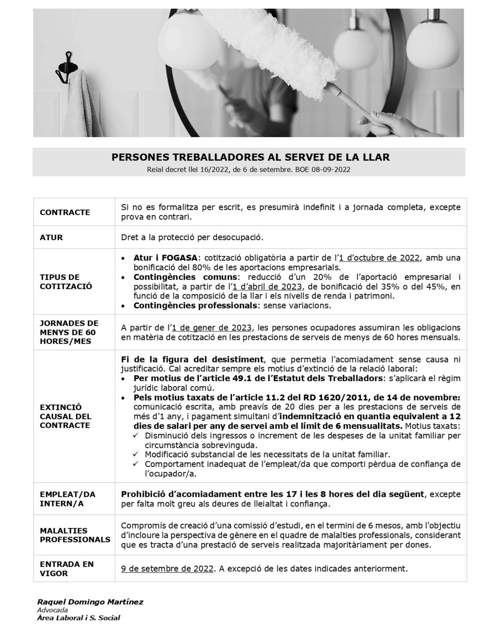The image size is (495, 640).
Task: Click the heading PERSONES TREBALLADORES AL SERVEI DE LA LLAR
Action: click(250, 157)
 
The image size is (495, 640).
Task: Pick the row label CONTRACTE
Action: click(65, 212)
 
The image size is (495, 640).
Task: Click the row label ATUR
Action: click(51, 237)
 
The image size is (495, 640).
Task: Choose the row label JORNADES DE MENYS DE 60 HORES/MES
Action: click(69, 332)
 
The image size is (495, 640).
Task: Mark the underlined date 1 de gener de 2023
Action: click(212, 328)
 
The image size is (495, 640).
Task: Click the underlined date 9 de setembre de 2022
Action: click(167, 569)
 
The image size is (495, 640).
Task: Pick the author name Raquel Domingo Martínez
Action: click(90, 602)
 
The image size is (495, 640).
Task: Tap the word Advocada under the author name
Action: click(53, 610)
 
